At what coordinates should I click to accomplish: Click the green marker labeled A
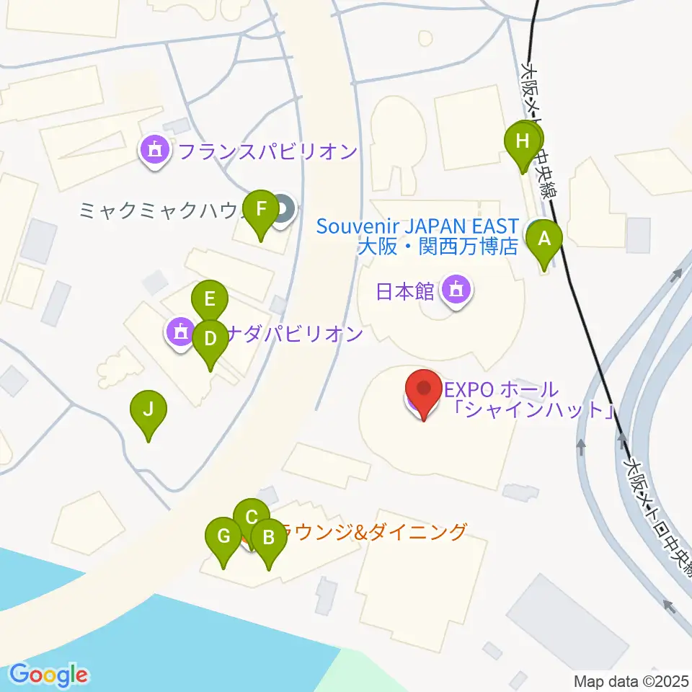click(x=544, y=238)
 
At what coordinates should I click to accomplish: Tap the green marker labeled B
click(x=269, y=537)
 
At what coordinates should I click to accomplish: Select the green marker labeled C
click(x=252, y=518)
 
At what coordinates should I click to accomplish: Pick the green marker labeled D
click(x=210, y=338)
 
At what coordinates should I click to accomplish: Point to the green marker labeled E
click(x=210, y=298)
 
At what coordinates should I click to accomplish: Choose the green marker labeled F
click(x=262, y=209)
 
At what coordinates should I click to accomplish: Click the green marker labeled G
click(x=223, y=536)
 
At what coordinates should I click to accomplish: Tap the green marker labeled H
click(x=523, y=141)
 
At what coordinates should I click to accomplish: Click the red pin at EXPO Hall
click(x=425, y=390)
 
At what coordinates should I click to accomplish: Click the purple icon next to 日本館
click(x=456, y=290)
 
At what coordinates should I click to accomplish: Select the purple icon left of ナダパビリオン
click(x=179, y=332)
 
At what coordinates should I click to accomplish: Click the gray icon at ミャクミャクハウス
click(x=283, y=210)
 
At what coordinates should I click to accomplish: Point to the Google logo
click(x=49, y=675)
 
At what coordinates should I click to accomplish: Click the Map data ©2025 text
click(x=631, y=681)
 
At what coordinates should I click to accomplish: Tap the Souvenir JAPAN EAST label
click(x=417, y=226)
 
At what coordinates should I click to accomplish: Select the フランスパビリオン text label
click(x=267, y=152)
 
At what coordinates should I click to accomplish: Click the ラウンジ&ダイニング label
click(x=368, y=533)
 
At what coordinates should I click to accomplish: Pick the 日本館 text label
click(x=404, y=291)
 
